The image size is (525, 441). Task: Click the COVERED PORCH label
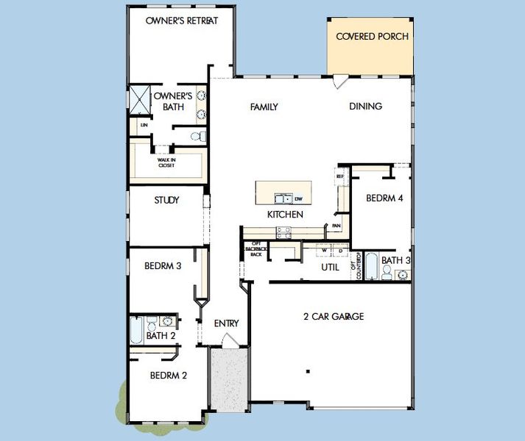[372, 36]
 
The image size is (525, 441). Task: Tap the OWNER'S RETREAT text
[181, 21]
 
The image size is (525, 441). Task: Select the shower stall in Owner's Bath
[140, 98]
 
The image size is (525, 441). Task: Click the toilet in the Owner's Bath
[198, 136]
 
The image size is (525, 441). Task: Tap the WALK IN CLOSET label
[166, 163]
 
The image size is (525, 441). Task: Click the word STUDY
[166, 200]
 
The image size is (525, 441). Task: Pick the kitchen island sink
[283, 198]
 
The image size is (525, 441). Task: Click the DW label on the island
[298, 198]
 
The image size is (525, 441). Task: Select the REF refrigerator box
[340, 176]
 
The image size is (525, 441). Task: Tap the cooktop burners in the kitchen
[283, 232]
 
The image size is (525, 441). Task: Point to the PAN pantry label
[336, 226]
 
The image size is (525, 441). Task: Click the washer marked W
[323, 251]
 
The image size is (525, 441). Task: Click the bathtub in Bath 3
[372, 267]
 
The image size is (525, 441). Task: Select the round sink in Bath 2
[168, 320]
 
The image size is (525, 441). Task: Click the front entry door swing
[229, 340]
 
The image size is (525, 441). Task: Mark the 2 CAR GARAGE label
[334, 317]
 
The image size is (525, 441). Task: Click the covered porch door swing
[340, 82]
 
